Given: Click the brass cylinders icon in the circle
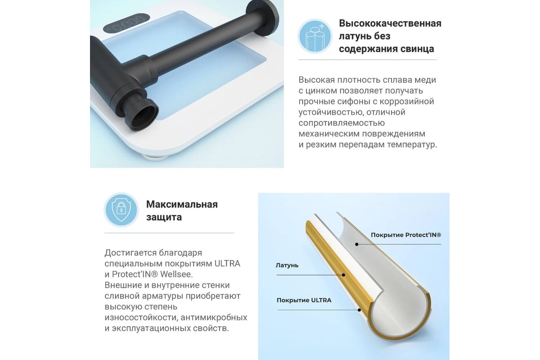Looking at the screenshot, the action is [315, 36].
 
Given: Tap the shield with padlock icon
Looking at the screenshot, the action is [121, 210].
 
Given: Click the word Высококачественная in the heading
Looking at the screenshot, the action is [390, 23].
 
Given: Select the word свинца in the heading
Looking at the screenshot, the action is [417, 49].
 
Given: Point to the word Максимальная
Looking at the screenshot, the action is [182, 204].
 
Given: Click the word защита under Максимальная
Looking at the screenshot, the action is [164, 217].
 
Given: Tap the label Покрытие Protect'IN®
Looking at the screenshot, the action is [406, 235].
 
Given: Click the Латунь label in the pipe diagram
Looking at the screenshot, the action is [287, 265].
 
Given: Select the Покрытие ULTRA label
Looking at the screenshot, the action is [304, 300].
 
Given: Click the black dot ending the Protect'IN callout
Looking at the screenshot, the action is [357, 244].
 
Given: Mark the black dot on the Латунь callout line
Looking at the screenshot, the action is [343, 275].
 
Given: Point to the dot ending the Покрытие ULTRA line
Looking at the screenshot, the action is [359, 310].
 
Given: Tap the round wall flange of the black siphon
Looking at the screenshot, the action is [263, 17].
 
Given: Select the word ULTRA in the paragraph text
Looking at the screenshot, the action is [227, 264].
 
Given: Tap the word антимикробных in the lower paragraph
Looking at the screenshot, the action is [214, 318].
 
